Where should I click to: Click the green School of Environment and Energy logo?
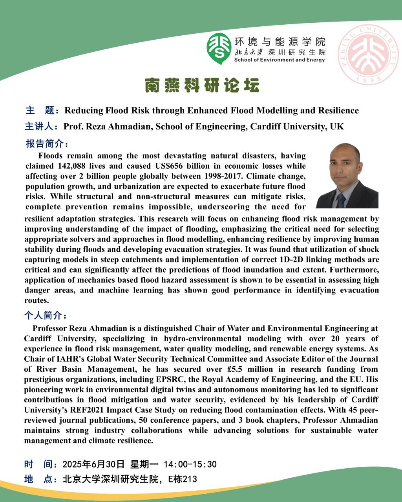pos(219,48)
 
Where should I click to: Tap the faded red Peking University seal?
pos(368,55)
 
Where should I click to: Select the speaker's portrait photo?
pos(347,176)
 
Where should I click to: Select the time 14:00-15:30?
pos(190,464)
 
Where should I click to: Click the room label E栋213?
pos(183,479)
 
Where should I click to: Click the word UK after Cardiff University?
pos(337,127)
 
